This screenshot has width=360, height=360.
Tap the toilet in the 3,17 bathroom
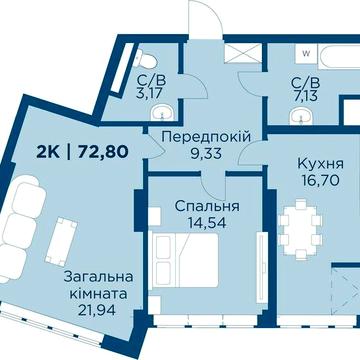pos(145,57)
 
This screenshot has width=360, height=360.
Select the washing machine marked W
pos(306,49)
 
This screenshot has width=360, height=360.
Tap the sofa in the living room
pos(27,230)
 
